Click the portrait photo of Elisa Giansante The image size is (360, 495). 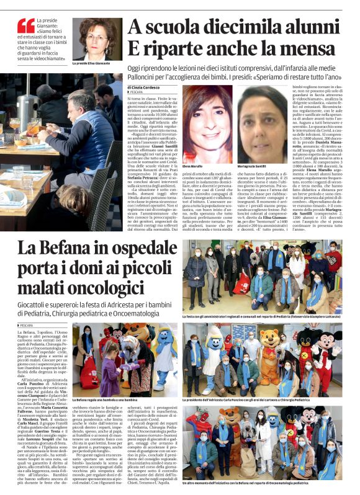[x=97, y=38]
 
